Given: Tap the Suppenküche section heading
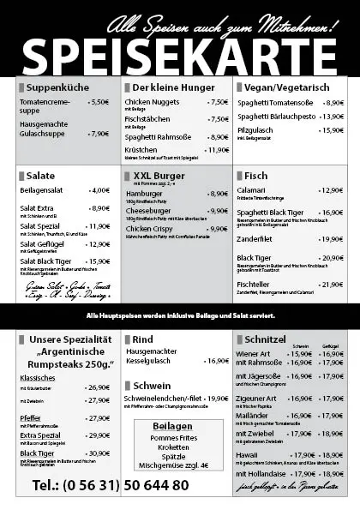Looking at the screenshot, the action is point(57,87).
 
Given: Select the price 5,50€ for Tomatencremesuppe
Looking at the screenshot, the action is point(99,102).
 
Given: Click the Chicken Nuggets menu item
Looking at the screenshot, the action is point(152,102).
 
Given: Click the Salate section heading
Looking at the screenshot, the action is point(41,175).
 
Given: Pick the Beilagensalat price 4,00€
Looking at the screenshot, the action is point(99,190).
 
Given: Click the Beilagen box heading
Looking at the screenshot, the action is point(173,425).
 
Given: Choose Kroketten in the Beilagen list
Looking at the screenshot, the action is point(173,447).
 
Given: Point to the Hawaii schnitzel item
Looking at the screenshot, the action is point(248,455).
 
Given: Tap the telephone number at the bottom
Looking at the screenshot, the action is point(110,485).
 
